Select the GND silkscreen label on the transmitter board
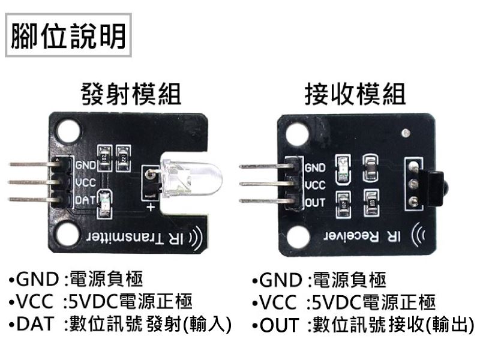pos(86,164)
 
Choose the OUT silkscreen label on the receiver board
pos(316,203)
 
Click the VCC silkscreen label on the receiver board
pos(316,185)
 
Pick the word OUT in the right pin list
pos(279,326)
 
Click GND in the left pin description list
pos(37,279)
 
